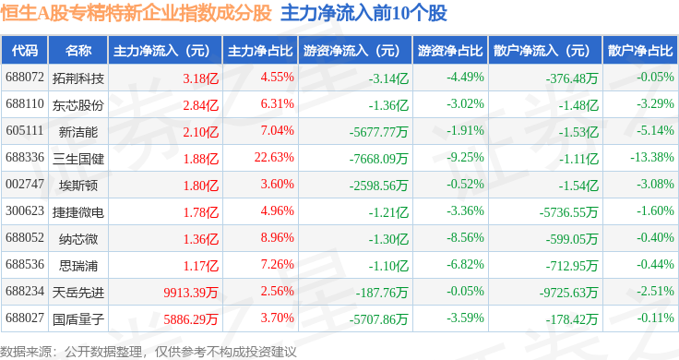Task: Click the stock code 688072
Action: click(25, 78)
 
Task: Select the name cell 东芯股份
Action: click(78, 105)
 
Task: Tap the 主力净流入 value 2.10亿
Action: click(200, 132)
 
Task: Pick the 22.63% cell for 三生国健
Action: click(274, 157)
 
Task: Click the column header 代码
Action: click(25, 51)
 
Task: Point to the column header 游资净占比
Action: click(450, 51)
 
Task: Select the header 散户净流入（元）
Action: click(545, 51)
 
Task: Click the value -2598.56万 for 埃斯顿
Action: click(378, 186)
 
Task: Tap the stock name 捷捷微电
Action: click(78, 211)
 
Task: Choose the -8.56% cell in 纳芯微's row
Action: click(465, 237)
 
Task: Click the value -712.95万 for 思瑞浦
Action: click(572, 266)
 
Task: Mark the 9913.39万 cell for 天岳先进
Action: click(191, 293)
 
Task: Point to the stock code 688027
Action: click(25, 318)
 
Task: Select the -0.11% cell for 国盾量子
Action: click(655, 318)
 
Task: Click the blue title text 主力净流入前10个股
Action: click(363, 13)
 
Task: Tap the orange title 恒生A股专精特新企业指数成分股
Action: click(137, 13)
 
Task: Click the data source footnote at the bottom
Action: click(149, 352)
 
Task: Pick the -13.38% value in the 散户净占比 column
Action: click(652, 157)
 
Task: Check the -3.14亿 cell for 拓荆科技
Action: click(388, 78)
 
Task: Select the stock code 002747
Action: click(25, 184)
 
